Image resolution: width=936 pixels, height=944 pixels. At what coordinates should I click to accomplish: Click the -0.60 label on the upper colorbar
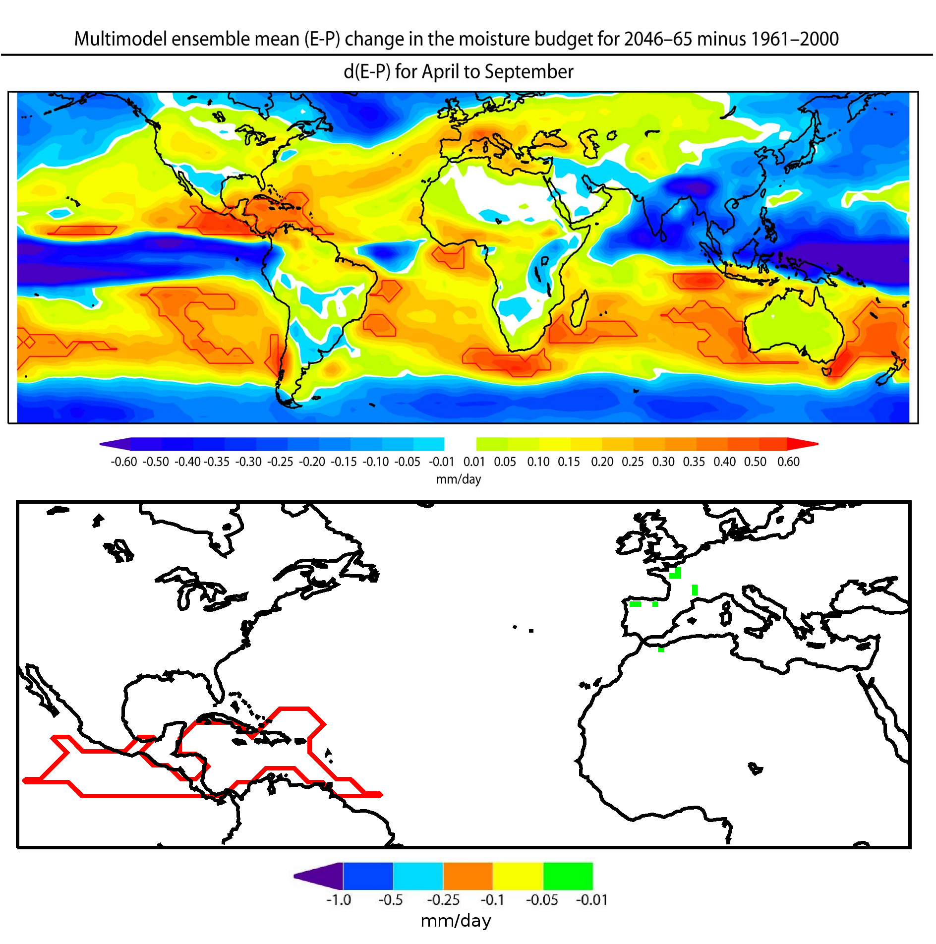coord(123,462)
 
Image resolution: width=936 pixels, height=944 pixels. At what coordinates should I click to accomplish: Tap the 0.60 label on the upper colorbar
coord(788,462)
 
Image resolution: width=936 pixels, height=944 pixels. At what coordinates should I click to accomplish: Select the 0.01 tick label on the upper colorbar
coord(474,462)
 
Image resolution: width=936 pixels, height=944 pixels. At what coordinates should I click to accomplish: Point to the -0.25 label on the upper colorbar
coord(280,462)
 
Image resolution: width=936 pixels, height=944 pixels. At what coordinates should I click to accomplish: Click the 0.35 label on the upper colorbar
coord(694,462)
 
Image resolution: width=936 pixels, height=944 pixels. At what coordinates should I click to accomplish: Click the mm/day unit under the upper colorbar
coord(459,479)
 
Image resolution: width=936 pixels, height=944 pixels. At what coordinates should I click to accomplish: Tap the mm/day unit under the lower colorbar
coord(456,921)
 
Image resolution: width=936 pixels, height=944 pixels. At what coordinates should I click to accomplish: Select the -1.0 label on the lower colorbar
coord(339,900)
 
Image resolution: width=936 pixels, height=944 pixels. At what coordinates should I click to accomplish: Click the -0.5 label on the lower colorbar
coord(391,900)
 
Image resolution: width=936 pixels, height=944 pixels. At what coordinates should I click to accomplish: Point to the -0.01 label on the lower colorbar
coord(591,900)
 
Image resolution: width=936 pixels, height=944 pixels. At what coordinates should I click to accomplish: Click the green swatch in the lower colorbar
coord(568,876)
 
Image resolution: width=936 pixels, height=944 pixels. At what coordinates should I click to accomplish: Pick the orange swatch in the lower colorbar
coord(468,876)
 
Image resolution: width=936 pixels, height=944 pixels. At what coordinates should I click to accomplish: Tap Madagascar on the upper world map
coord(579,308)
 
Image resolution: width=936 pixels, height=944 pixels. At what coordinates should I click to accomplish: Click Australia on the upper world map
coord(793,327)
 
